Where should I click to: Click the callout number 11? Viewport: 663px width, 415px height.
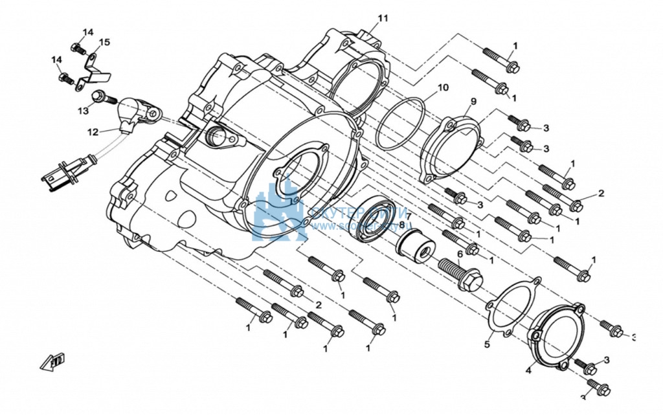(x=383, y=18)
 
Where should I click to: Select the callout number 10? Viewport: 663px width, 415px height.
(x=443, y=87)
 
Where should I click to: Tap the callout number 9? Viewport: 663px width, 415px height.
(x=473, y=101)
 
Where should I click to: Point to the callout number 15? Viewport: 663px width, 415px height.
(x=105, y=42)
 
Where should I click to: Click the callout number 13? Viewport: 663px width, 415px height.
(x=84, y=111)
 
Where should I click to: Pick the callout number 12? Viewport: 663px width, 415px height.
(x=93, y=132)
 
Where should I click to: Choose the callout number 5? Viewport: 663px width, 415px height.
(x=487, y=344)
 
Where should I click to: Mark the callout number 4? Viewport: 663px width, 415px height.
(x=528, y=371)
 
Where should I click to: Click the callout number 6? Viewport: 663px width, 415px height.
(x=460, y=254)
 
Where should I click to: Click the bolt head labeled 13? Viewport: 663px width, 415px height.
(x=99, y=97)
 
